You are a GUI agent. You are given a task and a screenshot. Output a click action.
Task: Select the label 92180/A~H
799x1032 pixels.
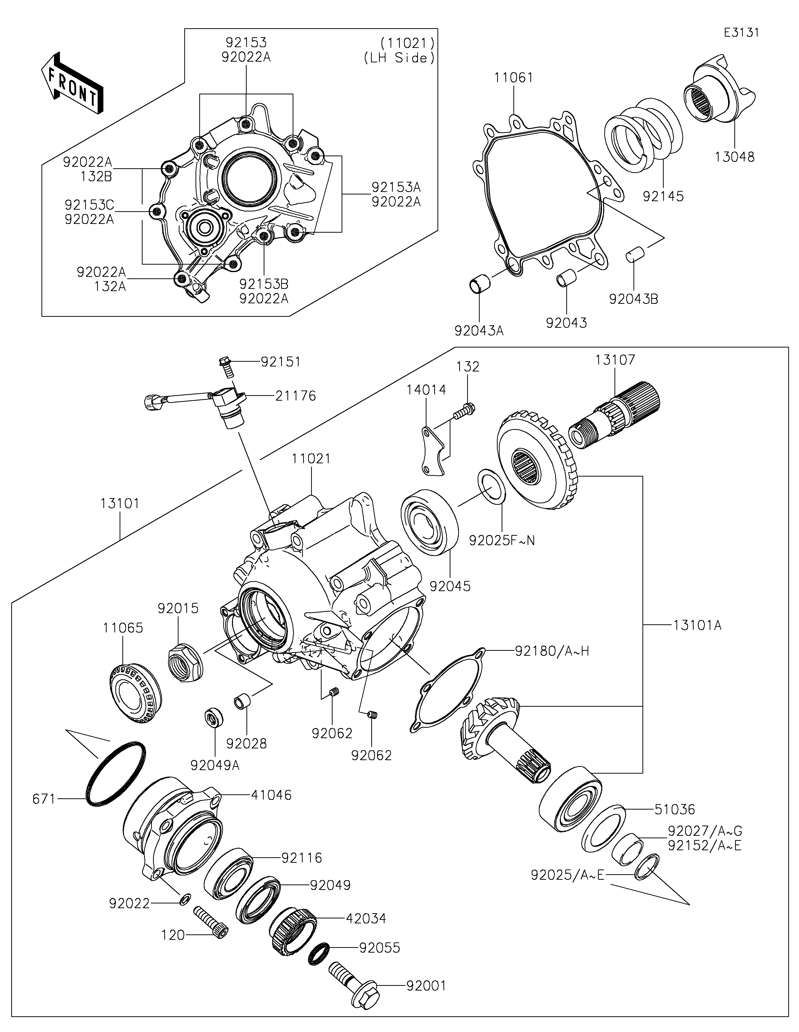(x=552, y=651)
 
